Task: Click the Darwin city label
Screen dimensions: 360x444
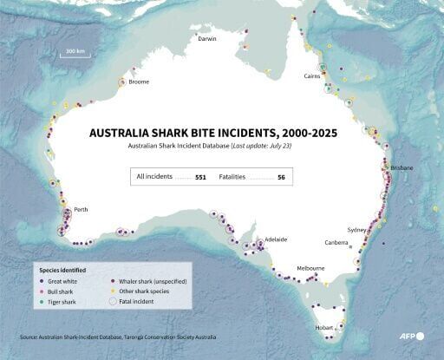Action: pyautogui.click(x=207, y=39)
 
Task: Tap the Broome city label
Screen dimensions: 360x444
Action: pyautogui.click(x=138, y=82)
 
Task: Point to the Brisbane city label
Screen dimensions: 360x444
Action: pyautogui.click(x=402, y=167)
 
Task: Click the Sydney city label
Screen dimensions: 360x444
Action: pyautogui.click(x=356, y=230)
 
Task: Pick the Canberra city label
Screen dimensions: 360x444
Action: pyautogui.click(x=336, y=243)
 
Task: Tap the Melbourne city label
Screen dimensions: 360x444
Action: pyautogui.click(x=310, y=269)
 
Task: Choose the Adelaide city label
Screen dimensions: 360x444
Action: pyautogui.click(x=276, y=239)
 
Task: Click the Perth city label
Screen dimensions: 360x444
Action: pyautogui.click(x=81, y=210)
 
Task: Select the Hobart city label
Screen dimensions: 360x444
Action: pyautogui.click(x=324, y=327)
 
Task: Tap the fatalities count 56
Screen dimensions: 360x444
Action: pyautogui.click(x=281, y=177)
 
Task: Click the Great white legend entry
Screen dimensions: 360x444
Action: pyautogui.click(x=61, y=282)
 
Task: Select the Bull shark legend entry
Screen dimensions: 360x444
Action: pyautogui.click(x=59, y=291)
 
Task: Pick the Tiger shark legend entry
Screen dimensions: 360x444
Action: pyautogui.click(x=60, y=302)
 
